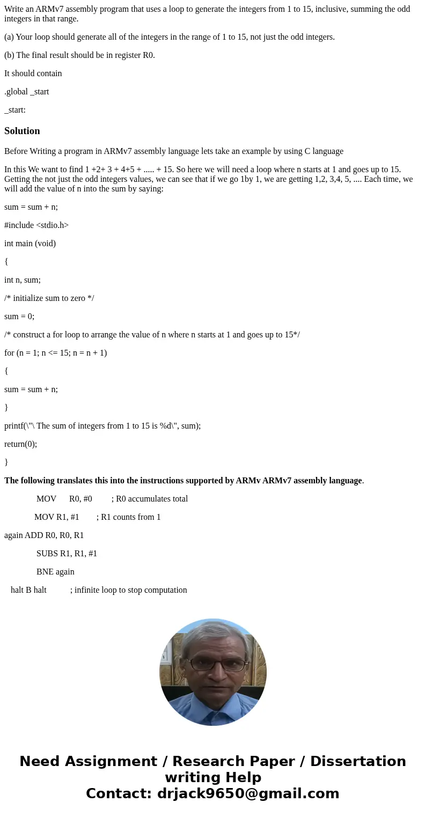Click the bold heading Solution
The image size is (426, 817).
[x=22, y=131]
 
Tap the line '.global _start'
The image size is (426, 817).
[x=27, y=92]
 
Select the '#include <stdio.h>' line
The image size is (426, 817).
[x=36, y=225]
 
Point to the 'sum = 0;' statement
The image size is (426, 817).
[x=19, y=317]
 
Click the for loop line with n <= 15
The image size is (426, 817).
[x=56, y=353]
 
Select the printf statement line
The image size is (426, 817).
[x=102, y=426]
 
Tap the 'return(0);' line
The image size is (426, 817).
[x=21, y=444]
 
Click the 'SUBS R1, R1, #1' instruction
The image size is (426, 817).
[x=67, y=554]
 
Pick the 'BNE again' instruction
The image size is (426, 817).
[x=55, y=572]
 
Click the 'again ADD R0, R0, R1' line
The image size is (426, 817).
[x=44, y=535]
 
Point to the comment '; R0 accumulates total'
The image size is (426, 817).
[x=150, y=499]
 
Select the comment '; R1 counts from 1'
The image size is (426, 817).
[x=128, y=517]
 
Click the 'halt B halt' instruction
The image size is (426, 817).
[x=28, y=590]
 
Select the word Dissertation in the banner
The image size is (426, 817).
[x=358, y=762]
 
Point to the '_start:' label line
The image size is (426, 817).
[x=15, y=110]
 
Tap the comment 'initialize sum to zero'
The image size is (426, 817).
[x=49, y=298]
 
